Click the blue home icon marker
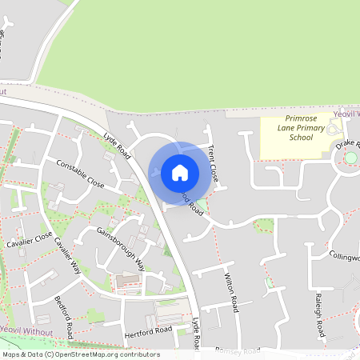point(180,173)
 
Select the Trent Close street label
point(214,162)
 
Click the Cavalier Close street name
point(29,240)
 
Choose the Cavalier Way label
point(69,255)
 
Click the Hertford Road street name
point(148,330)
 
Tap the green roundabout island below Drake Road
point(350,158)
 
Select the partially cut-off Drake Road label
point(348,145)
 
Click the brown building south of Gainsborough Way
point(127,282)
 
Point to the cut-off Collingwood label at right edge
point(345,257)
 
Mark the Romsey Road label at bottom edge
point(238,350)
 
